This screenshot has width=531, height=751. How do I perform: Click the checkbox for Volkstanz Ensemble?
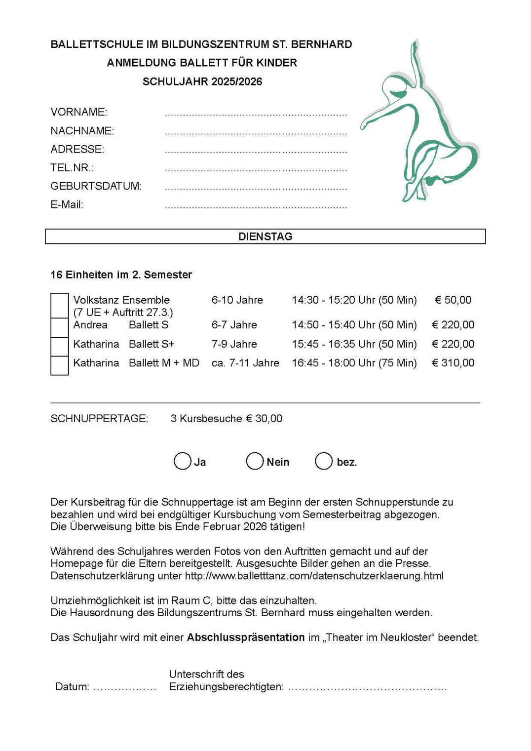59,305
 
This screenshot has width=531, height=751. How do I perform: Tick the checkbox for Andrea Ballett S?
59,327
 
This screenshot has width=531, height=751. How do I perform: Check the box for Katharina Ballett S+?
59,346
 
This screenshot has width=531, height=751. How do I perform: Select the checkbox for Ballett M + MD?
59,365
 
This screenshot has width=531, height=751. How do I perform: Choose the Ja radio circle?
182,461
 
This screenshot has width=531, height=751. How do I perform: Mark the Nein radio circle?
255,461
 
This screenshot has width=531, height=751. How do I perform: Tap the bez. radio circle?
324,461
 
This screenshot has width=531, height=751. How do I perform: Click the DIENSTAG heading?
265,237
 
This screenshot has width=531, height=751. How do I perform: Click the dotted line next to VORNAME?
256,114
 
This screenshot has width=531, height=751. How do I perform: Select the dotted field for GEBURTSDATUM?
256,188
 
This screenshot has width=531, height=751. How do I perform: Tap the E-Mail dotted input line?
256,207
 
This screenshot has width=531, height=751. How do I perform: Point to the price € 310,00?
453,363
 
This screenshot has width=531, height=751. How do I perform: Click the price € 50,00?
453,300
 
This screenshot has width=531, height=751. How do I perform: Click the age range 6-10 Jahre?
237,300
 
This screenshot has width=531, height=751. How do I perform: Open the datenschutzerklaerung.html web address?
314,576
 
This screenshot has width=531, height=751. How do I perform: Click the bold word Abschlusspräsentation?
245,637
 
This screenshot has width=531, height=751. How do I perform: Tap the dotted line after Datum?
124,688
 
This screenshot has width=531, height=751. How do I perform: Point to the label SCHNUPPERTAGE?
99,419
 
